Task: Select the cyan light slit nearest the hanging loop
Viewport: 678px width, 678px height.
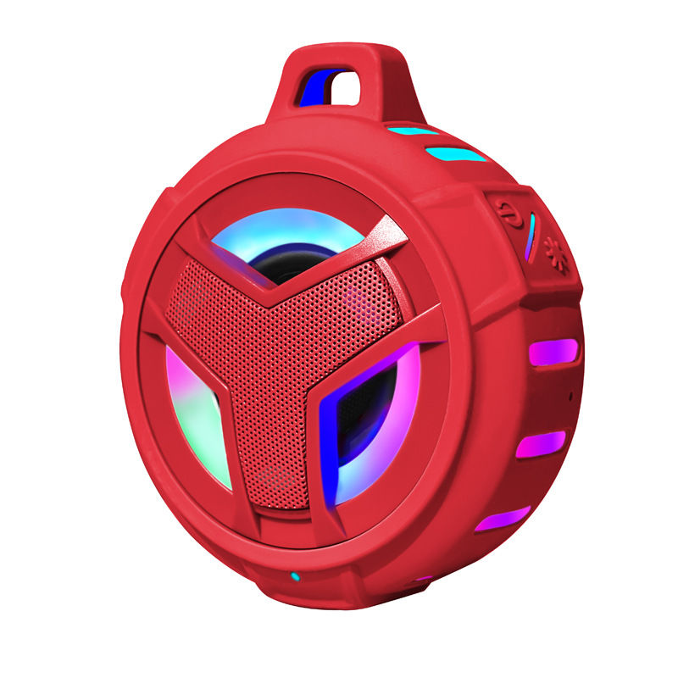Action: click(x=413, y=131)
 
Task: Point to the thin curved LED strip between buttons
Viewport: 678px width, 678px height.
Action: click(x=530, y=236)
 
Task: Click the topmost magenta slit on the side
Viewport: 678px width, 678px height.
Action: click(x=553, y=352)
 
